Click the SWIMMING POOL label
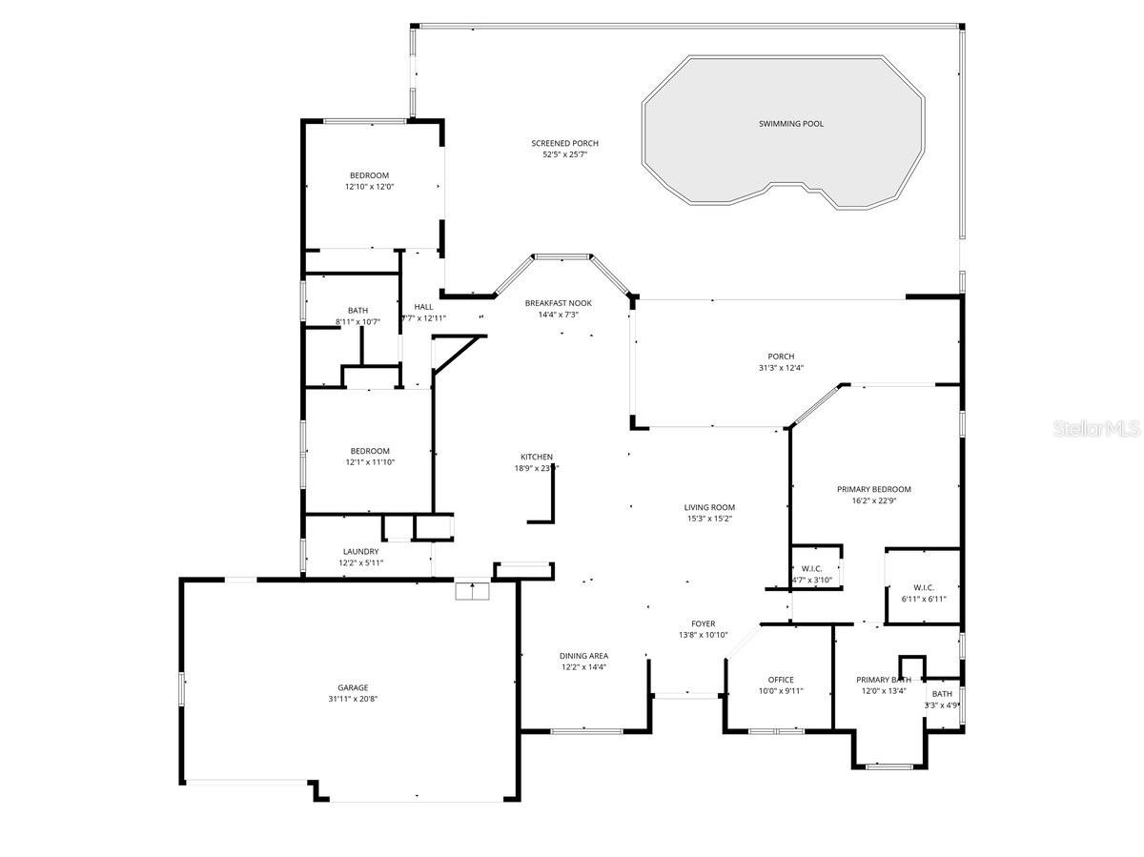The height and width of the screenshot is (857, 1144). pos(790,124)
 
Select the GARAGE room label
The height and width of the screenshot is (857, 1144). pos(352,687)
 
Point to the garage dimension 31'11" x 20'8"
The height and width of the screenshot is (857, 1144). pos(352,699)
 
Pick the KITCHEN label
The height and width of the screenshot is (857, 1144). pos(536,457)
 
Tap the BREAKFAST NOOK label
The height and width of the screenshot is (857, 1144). pos(558,303)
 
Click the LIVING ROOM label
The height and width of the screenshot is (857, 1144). pos(709,507)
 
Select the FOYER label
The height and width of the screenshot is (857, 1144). pos(703,623)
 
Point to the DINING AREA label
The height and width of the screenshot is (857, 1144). pos(583,656)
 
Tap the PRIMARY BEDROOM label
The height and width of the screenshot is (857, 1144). pos(873,489)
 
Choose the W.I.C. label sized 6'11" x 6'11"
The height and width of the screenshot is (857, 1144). pos(923,587)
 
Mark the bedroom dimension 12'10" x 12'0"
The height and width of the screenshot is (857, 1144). pos(369,187)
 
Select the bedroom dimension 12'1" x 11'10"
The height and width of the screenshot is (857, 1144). pos(370,462)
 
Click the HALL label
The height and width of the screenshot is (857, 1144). pos(423,307)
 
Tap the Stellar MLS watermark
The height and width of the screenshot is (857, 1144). pos(1096,430)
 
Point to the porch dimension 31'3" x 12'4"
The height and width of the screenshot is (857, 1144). pos(781,368)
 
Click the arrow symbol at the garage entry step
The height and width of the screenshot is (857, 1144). pos(472,591)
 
